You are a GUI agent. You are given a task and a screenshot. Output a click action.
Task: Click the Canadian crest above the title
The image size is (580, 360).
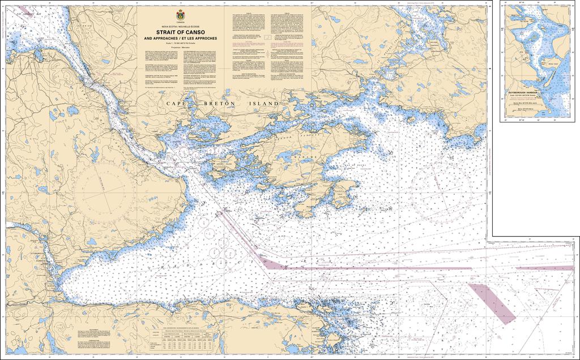coord(181,14)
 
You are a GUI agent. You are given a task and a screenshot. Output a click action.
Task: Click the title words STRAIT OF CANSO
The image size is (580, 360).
coord(181,32)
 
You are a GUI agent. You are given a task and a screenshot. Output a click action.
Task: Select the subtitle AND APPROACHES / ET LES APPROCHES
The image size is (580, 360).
coord(181,38)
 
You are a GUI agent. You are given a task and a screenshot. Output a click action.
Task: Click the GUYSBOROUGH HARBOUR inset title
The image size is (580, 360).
coord(527,92)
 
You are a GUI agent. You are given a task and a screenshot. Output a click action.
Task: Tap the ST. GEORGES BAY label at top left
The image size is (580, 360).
coord(28,11)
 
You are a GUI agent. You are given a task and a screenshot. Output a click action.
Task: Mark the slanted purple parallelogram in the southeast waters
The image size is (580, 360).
coord(492,304)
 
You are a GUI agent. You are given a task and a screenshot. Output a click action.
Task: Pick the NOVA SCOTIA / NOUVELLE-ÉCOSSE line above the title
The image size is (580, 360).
coord(181,27)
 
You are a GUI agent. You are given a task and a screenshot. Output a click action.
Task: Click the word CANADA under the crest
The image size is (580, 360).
coord(181,22)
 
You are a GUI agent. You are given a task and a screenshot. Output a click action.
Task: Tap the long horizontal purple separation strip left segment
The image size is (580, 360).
coord(300,264)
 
